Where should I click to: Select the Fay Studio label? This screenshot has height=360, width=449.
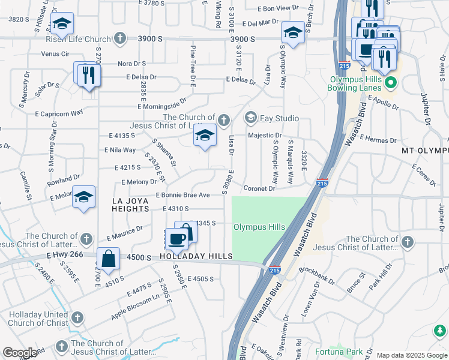point(279,118)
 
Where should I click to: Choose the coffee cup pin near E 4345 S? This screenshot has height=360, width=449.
point(176,239)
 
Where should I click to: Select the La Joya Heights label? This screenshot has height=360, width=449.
point(130,204)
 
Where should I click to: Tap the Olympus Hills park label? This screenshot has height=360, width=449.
point(259,227)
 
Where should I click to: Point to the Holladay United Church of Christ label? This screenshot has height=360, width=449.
point(39,319)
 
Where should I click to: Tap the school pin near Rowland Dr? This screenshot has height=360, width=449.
point(84,196)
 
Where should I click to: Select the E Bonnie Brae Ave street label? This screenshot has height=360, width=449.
point(183,195)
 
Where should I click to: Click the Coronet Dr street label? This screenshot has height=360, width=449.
point(259,188)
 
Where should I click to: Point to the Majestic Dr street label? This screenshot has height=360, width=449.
point(265,136)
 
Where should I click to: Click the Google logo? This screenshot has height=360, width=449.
point(20,353)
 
